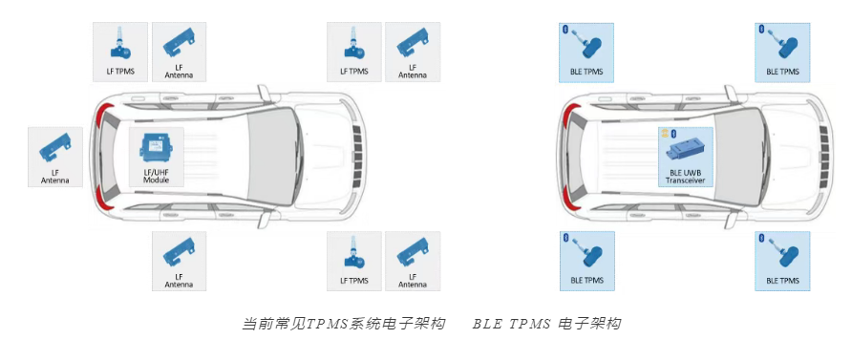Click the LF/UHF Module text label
tap(156, 175)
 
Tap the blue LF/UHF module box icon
tap(156, 147)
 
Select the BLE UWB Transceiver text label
tap(685, 177)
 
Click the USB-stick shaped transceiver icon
tap(688, 150)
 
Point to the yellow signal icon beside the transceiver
tap(665, 134)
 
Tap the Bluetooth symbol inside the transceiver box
tap(672, 134)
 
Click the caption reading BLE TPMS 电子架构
tap(546, 324)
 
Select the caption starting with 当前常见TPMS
tap(345, 324)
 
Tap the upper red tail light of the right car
tap(568, 116)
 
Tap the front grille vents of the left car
tap(356, 157)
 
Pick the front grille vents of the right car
tap(823, 157)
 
